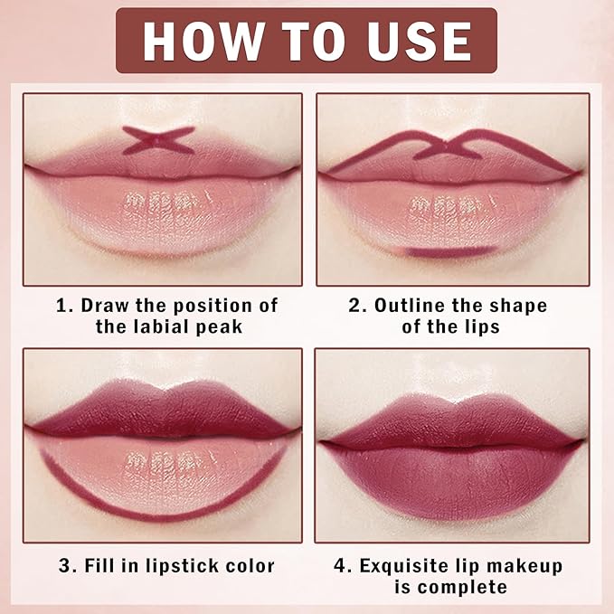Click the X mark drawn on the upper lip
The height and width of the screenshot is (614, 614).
point(159,139)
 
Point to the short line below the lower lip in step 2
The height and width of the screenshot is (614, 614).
point(450,250)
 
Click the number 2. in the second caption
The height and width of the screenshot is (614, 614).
point(357,306)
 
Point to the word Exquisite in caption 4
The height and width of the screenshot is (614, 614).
point(406,567)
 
